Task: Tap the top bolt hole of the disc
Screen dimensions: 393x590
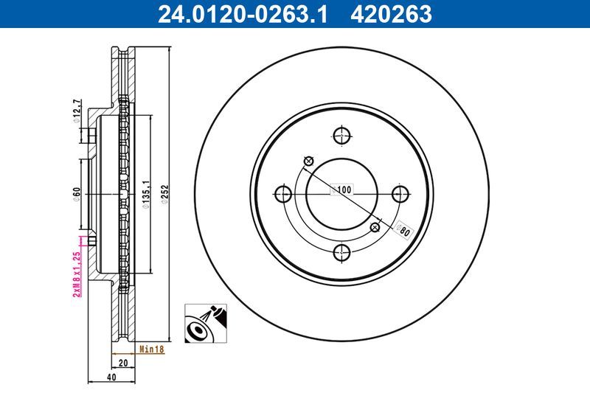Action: pos(341,136)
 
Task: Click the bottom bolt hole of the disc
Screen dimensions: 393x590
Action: pos(341,253)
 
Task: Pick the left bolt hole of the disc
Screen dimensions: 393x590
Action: pos(282,195)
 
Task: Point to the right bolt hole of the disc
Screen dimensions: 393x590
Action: pos(400,195)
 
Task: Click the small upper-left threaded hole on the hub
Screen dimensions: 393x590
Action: pos(308,162)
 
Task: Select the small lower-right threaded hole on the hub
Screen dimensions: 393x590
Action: pos(374,227)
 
